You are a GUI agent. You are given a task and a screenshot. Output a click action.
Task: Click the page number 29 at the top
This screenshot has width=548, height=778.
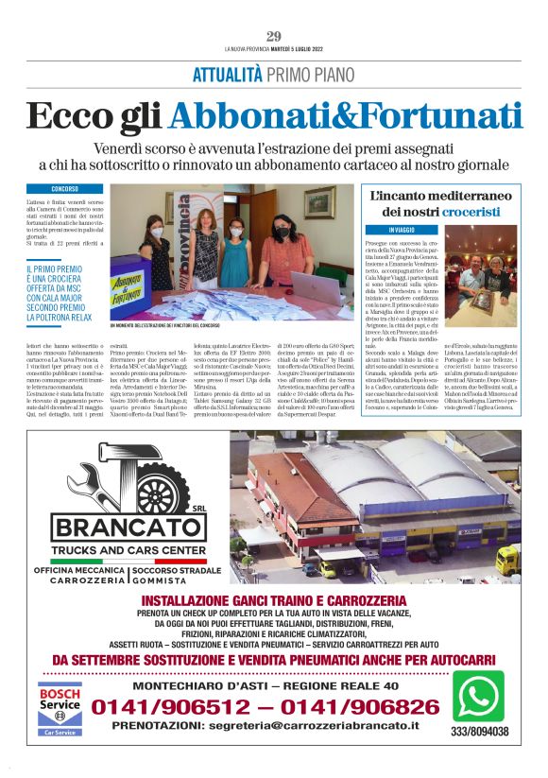click(274, 37)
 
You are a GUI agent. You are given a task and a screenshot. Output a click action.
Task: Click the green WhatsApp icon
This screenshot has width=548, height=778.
click(477, 697)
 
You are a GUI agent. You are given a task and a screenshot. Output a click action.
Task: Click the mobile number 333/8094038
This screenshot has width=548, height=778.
click(478, 732)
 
